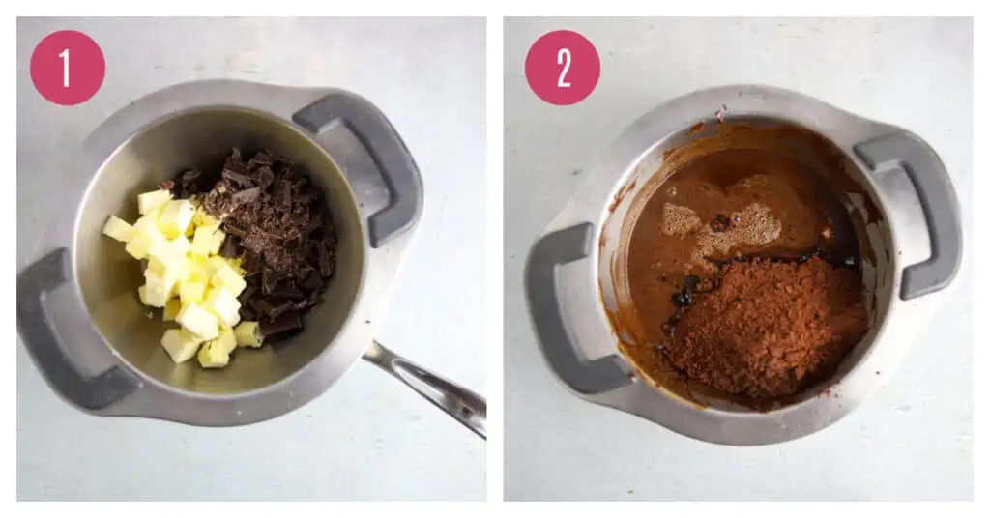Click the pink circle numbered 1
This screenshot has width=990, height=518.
pyautogui.click(x=68, y=68)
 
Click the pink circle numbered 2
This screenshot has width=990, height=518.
pyautogui.click(x=563, y=68)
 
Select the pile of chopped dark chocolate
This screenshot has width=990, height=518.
pyautogui.click(x=265, y=240)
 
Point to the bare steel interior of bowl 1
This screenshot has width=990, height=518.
pyautogui.click(x=152, y=164)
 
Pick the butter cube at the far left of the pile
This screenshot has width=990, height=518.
pyautogui.click(x=117, y=228)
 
